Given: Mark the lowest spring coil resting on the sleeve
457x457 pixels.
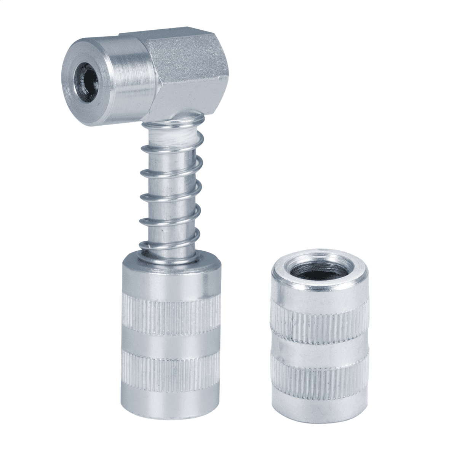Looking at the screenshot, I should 168,249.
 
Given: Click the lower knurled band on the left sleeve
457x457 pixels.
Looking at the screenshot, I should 171,366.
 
